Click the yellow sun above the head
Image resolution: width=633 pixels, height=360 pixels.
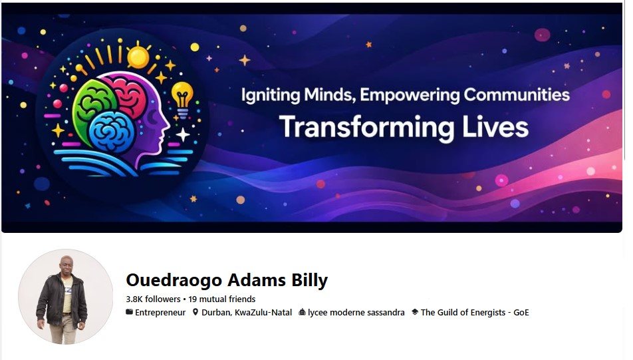[x=138, y=57]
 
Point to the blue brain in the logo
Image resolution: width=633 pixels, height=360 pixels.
[x=112, y=132]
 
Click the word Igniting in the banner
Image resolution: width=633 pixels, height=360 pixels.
[x=271, y=96]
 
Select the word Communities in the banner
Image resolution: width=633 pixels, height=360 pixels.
[x=517, y=94]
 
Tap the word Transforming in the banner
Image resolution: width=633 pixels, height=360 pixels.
[x=366, y=128]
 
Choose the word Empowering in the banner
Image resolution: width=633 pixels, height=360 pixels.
[x=410, y=95]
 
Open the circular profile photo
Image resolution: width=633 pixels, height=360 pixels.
[x=66, y=297]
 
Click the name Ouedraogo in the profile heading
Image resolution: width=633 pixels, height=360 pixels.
[x=174, y=280]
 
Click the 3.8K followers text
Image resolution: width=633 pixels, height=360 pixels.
[x=153, y=299]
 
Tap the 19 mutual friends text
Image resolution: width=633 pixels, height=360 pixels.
[x=221, y=299]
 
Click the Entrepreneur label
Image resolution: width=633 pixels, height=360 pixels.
[x=160, y=312]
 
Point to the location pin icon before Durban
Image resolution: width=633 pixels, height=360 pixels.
[x=195, y=312]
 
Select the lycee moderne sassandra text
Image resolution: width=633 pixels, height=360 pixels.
[x=356, y=312]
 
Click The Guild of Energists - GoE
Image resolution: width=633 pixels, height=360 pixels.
[x=475, y=312]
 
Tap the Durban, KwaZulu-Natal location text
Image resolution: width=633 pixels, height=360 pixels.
[x=247, y=312]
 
